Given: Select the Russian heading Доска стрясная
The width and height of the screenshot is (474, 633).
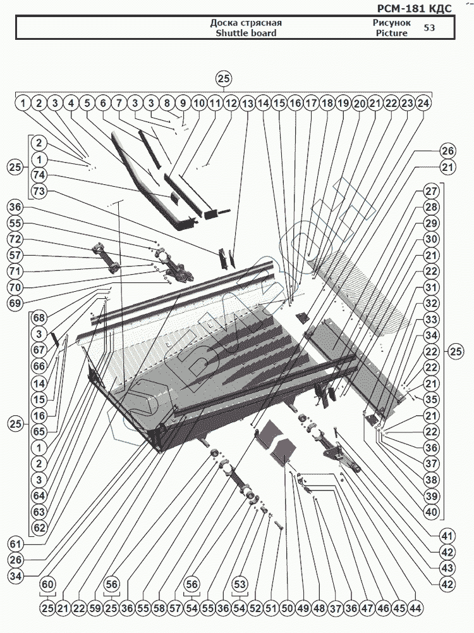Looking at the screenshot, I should click(x=246, y=23).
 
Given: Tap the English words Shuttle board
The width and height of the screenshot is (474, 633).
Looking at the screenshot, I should click(x=246, y=33).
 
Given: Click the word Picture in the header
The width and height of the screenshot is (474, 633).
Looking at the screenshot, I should click(x=392, y=33).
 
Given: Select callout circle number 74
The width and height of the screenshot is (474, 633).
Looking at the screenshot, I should click(x=39, y=175).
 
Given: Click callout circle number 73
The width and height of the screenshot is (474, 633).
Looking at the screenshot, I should click(x=39, y=191).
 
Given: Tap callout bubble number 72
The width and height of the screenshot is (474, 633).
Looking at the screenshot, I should click(x=15, y=239).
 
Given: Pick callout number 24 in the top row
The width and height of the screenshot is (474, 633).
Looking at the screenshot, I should click(x=424, y=103).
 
